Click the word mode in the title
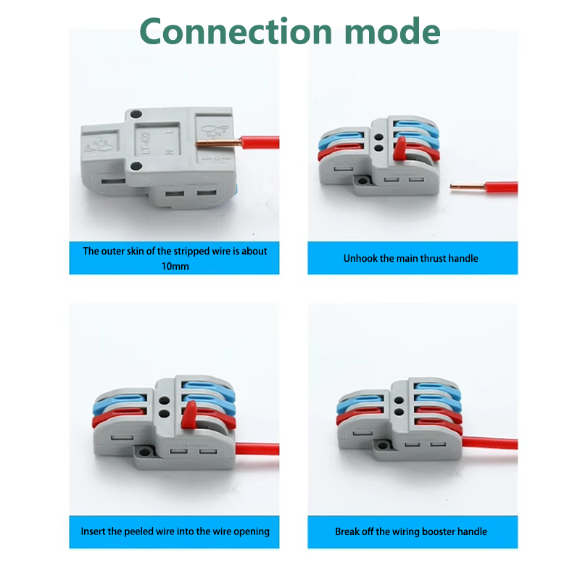(392, 31)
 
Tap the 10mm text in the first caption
(175, 266)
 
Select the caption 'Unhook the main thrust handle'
(410, 258)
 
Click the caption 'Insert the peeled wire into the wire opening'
(175, 531)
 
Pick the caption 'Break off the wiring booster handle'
(411, 531)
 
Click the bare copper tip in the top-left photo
(218, 143)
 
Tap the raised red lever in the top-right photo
(400, 149)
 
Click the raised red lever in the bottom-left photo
(189, 415)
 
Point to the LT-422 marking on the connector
(146, 143)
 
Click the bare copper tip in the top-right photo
(468, 187)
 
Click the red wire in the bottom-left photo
(257, 449)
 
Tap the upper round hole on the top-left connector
(136, 114)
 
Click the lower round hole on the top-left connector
(136, 166)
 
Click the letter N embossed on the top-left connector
(170, 152)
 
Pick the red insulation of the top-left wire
(260, 142)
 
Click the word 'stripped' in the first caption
(191, 251)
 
